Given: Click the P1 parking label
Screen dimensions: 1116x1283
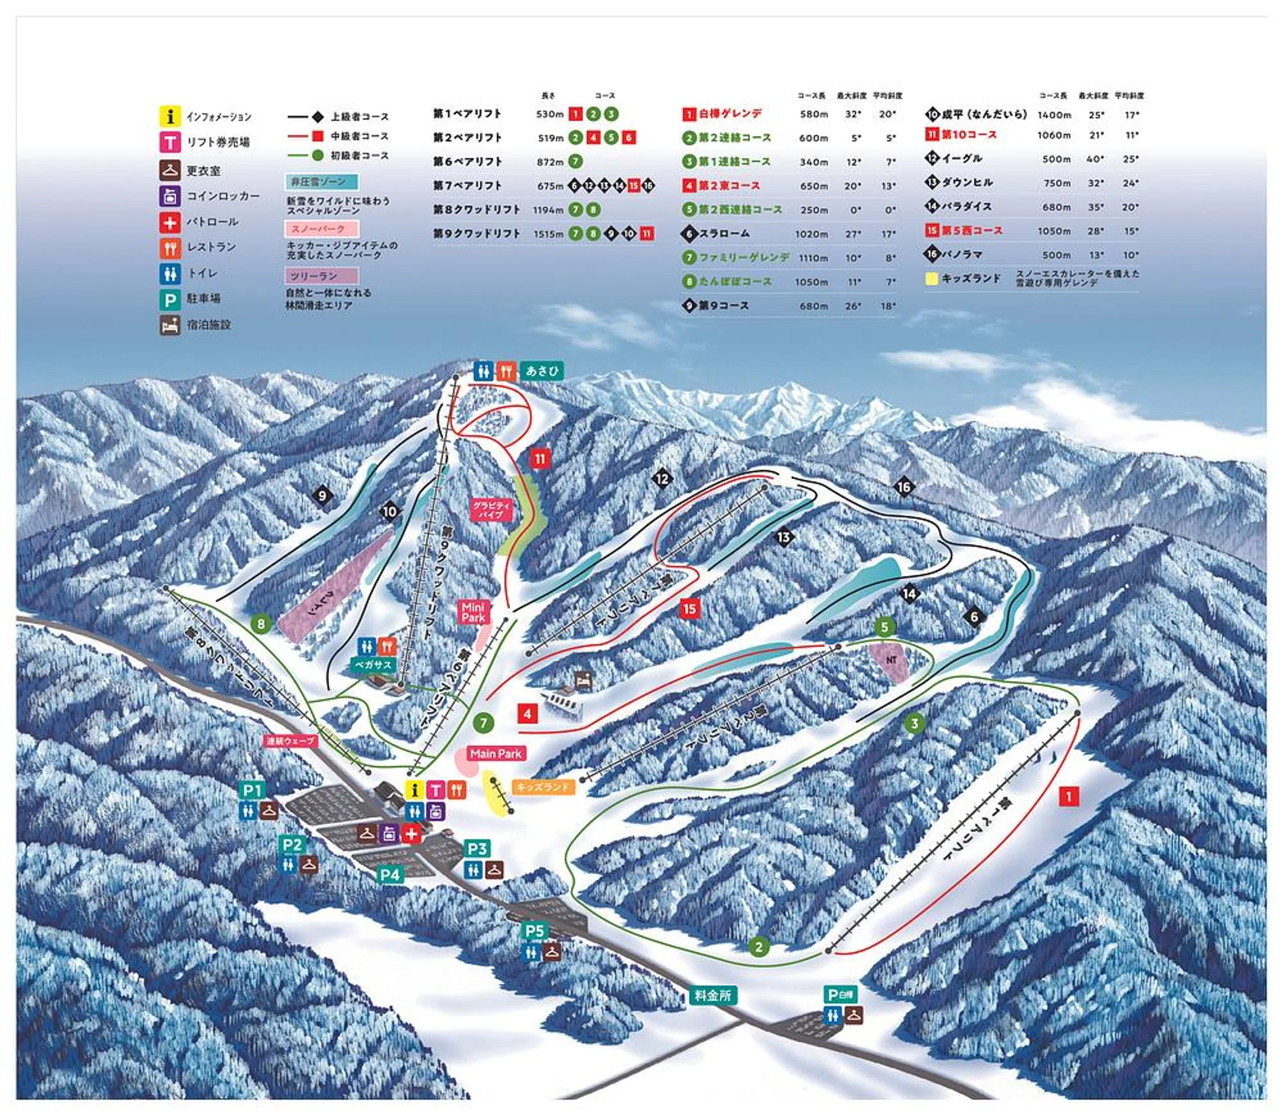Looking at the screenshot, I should point(252,790).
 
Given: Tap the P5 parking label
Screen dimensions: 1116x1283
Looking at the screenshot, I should point(534,931).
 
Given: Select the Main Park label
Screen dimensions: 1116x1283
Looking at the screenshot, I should point(495,754).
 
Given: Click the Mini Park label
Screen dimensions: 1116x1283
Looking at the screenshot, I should point(473,612).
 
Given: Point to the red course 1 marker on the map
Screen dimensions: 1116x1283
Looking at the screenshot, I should point(1068,797).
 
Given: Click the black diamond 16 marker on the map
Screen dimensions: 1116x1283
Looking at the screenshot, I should point(904,487).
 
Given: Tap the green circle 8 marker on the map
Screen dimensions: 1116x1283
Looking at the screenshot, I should point(260,623).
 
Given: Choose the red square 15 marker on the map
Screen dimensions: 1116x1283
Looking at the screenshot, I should point(690,609).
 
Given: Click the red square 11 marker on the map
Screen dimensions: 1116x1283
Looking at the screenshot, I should point(540,459).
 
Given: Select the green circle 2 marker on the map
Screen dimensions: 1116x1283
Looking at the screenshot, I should point(759,947).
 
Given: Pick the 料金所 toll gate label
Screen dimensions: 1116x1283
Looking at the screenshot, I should point(712,995).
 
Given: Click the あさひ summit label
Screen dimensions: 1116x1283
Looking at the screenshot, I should point(541,371).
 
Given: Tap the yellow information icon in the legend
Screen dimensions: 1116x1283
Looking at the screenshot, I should point(169,117).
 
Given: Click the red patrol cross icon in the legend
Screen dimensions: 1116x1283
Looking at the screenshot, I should point(169,223).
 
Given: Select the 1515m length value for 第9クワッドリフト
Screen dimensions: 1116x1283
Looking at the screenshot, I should point(548,234).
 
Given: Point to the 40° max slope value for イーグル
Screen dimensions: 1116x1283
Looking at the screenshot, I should point(1095,159).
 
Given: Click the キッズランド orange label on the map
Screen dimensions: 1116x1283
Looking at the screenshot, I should point(543,786).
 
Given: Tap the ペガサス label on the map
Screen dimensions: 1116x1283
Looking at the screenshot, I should point(373,665).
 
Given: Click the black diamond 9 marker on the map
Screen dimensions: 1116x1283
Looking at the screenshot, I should point(322,495).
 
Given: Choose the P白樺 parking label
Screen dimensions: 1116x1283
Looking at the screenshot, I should point(841,995).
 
